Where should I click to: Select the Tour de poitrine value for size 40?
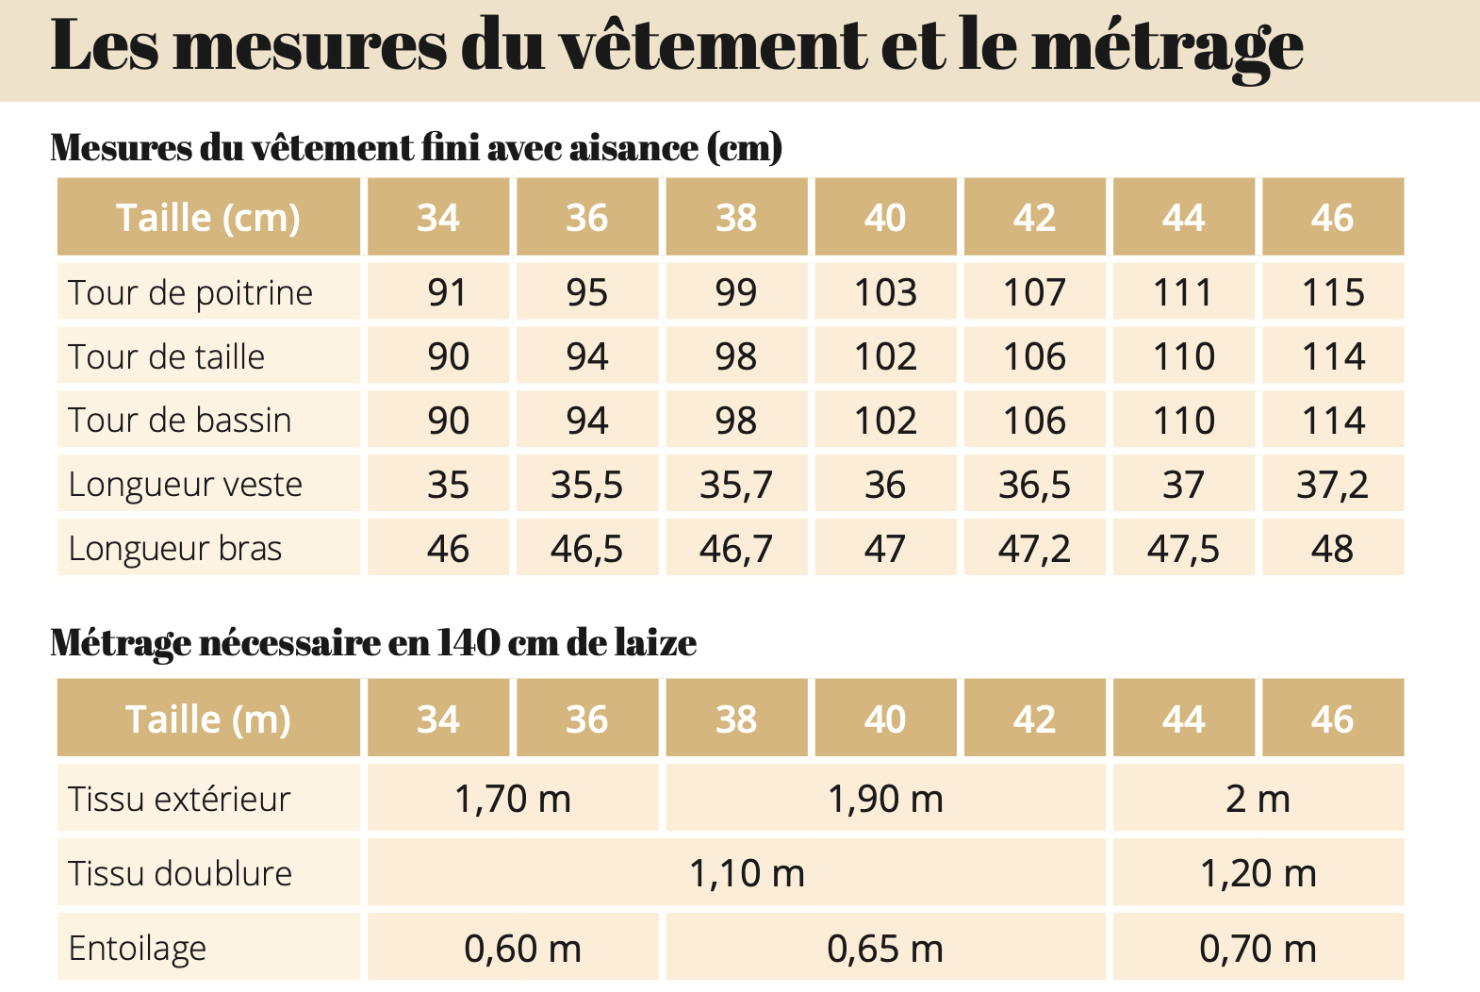(x=885, y=292)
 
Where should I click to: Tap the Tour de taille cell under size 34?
(x=448, y=356)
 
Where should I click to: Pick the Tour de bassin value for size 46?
(x=1333, y=421)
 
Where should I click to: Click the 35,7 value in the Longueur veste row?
(x=736, y=485)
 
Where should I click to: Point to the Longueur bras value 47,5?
(x=1183, y=549)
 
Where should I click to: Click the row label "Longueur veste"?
(x=186, y=485)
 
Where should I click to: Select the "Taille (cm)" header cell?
(x=208, y=218)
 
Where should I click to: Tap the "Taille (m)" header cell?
(x=208, y=719)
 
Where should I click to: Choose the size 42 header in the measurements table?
(x=1034, y=218)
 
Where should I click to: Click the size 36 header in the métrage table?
(x=586, y=719)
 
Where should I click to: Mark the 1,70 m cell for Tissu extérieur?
(x=513, y=799)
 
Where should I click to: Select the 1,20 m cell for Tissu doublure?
(x=1258, y=873)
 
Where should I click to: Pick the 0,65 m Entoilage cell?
(x=885, y=949)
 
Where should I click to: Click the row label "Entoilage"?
(x=138, y=949)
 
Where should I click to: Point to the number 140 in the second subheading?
(x=469, y=642)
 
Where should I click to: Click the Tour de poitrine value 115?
(x=1333, y=292)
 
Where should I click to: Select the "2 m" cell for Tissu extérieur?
(x=1258, y=799)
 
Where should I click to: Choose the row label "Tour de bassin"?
(x=180, y=421)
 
